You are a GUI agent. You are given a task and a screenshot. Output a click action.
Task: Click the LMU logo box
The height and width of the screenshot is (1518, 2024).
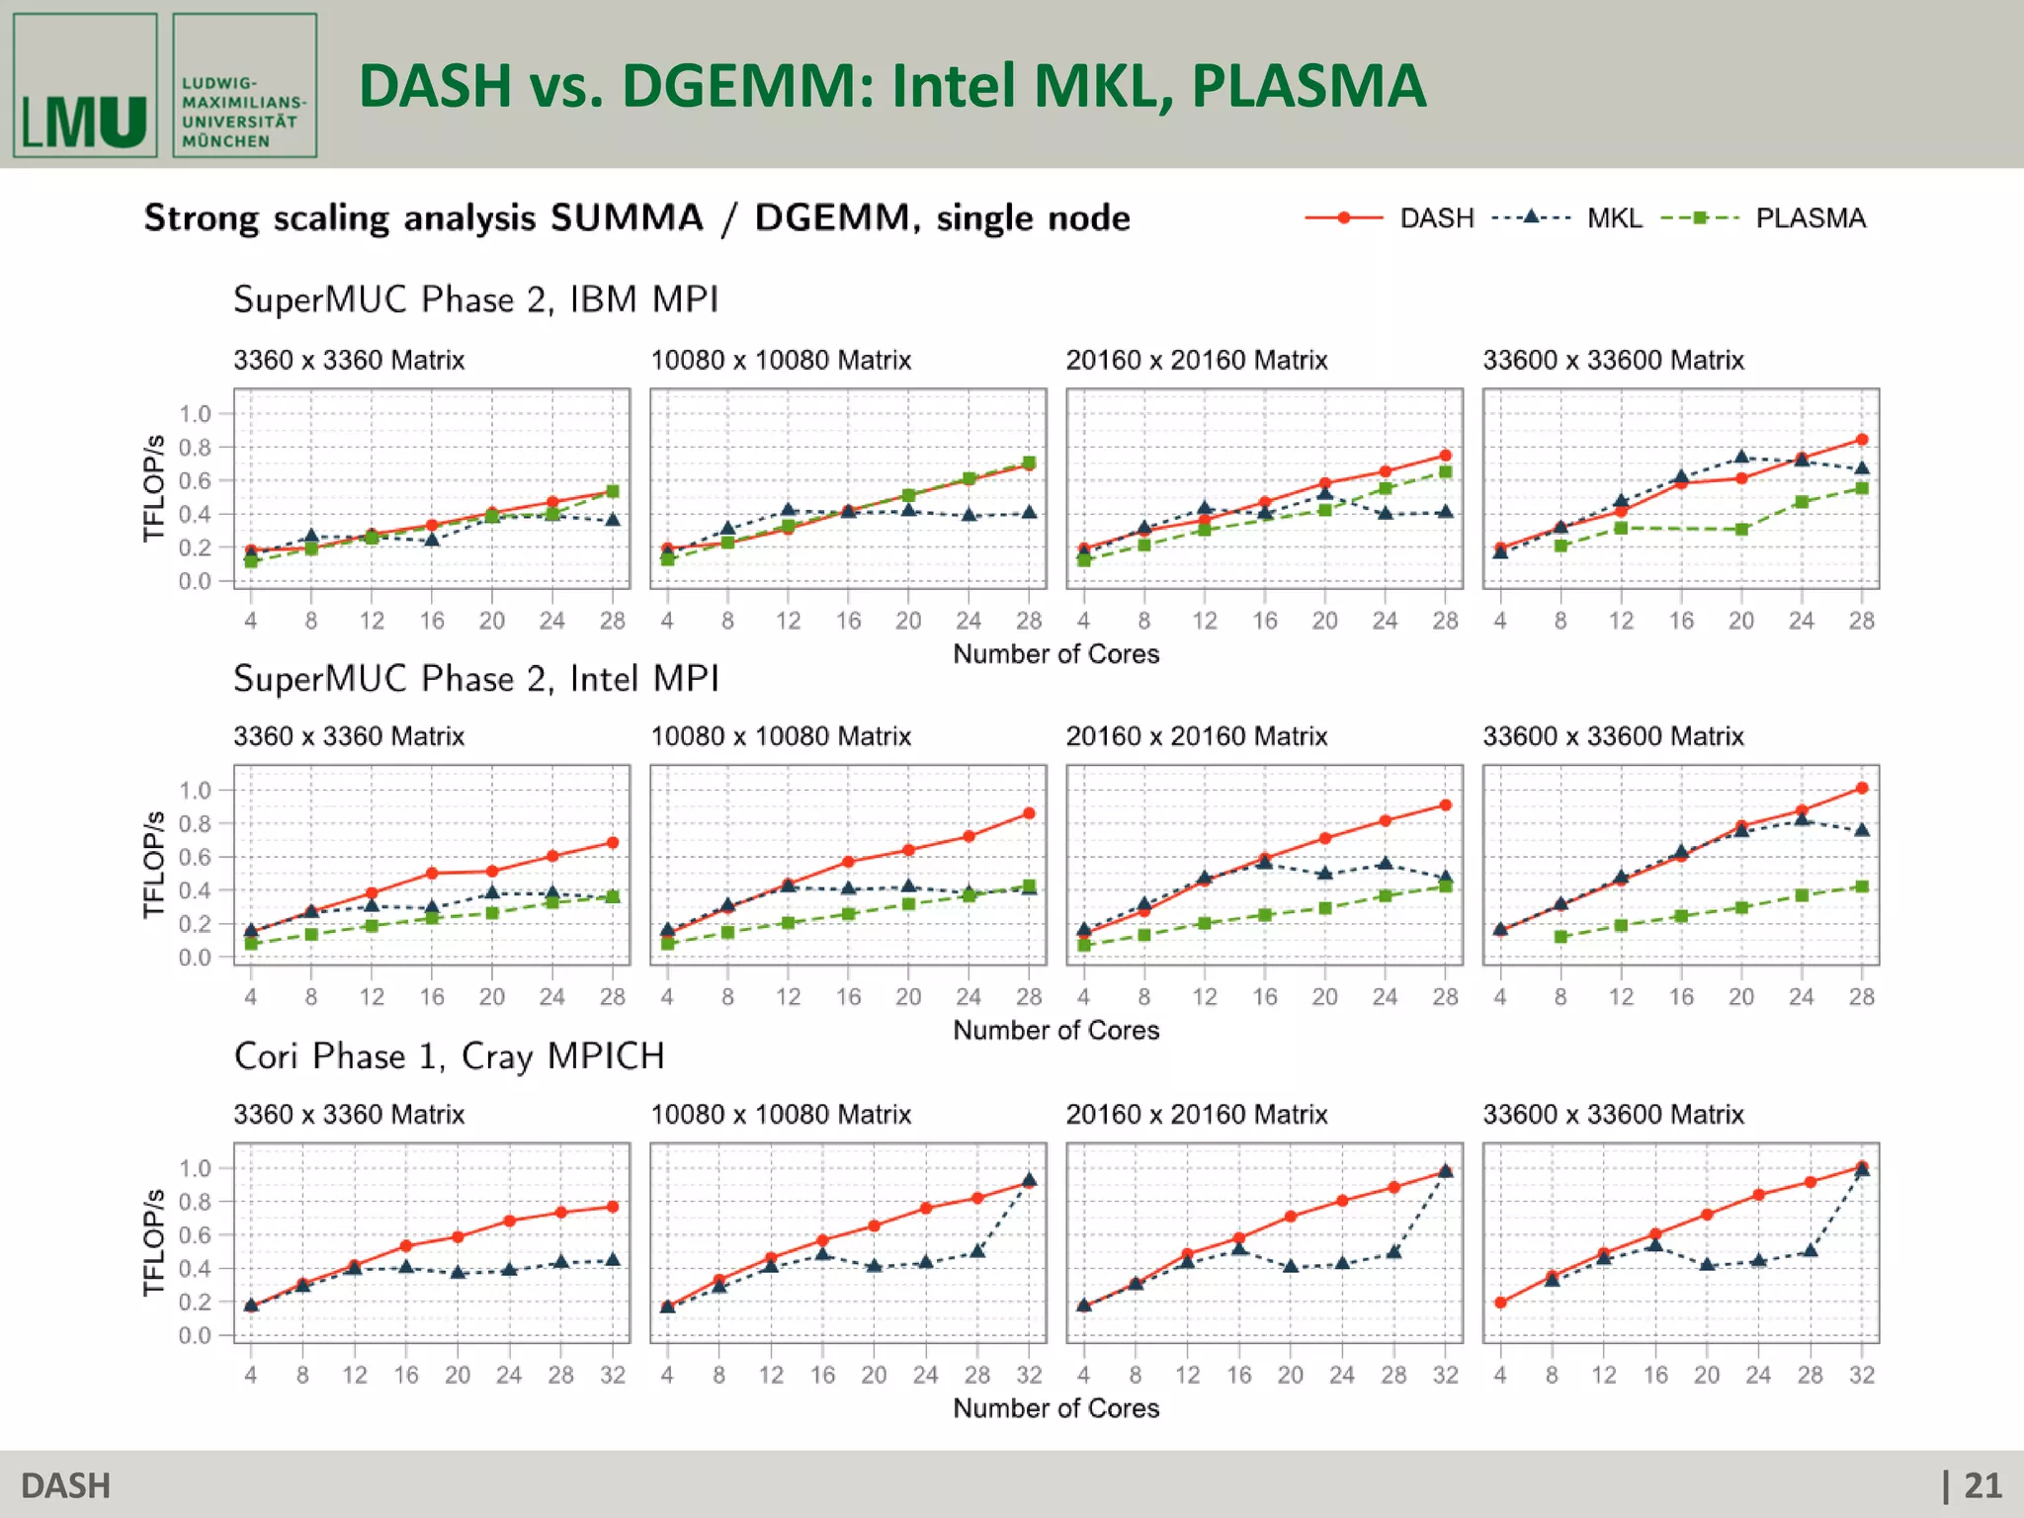click(85, 86)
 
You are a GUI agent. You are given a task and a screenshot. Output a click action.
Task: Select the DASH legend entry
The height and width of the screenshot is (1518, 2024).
click(1435, 218)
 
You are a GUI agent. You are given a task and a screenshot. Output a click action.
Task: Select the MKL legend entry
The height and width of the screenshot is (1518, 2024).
click(1614, 218)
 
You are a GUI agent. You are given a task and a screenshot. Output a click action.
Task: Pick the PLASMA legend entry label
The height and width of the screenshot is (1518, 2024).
click(1810, 218)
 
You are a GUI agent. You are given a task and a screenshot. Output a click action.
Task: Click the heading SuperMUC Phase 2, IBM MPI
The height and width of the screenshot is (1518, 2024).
click(475, 299)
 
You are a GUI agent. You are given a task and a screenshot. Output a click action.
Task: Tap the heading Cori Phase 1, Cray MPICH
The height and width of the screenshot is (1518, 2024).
click(449, 1056)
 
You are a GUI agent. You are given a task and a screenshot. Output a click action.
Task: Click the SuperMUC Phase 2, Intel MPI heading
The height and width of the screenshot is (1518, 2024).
click(475, 679)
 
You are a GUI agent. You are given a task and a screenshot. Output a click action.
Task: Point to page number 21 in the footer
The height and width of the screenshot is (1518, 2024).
click(1982, 1485)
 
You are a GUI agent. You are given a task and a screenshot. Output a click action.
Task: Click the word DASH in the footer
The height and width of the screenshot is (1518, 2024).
click(65, 1485)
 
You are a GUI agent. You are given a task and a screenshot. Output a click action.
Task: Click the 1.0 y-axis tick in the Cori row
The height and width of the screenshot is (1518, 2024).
click(195, 1168)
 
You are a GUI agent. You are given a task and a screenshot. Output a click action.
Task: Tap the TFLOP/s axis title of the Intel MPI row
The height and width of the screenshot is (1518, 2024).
click(153, 865)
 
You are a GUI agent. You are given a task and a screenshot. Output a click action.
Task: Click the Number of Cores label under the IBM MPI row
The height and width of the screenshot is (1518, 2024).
click(1055, 654)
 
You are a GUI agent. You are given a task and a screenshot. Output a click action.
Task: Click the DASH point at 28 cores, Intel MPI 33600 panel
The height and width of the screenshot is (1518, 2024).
click(1862, 789)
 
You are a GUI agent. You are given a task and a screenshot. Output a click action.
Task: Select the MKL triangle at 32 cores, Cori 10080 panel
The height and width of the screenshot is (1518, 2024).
click(1029, 1180)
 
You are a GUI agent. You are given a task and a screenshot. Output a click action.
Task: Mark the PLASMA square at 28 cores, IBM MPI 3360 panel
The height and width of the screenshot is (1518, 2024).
click(613, 491)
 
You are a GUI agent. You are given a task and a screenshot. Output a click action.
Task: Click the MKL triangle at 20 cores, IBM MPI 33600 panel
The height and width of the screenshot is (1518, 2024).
click(1741, 457)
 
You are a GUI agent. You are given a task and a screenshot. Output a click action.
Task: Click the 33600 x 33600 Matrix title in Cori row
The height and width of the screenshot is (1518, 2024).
click(1613, 1115)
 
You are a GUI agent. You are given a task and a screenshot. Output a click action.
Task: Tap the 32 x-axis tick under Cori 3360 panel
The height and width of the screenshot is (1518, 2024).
click(613, 1375)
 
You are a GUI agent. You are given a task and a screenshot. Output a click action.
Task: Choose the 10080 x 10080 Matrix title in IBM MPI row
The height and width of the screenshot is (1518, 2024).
click(781, 361)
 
